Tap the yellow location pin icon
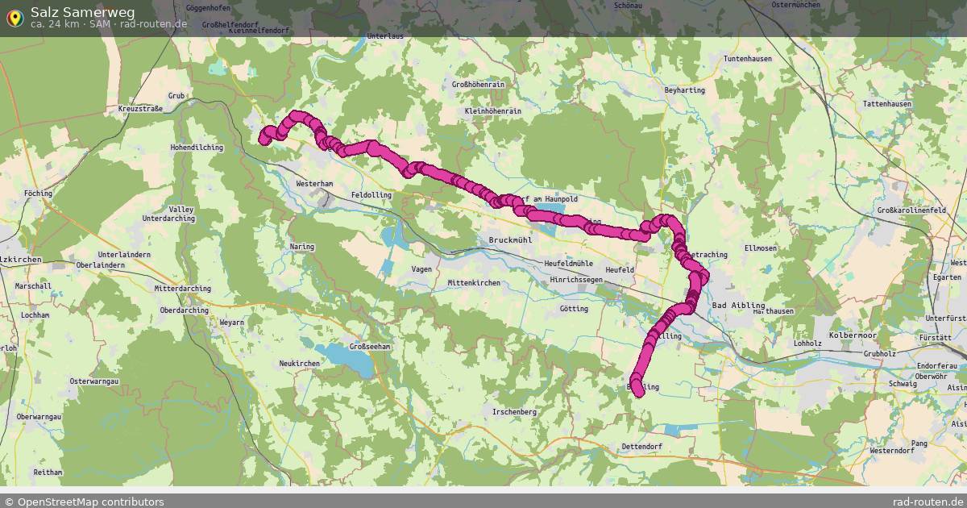15,17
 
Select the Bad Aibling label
737,305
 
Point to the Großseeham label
369,347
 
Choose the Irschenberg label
514,411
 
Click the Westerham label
314,184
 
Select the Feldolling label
371,195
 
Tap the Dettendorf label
641,446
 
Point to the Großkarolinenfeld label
911,210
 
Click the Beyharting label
684,90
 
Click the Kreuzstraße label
140,108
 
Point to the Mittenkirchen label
474,282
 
